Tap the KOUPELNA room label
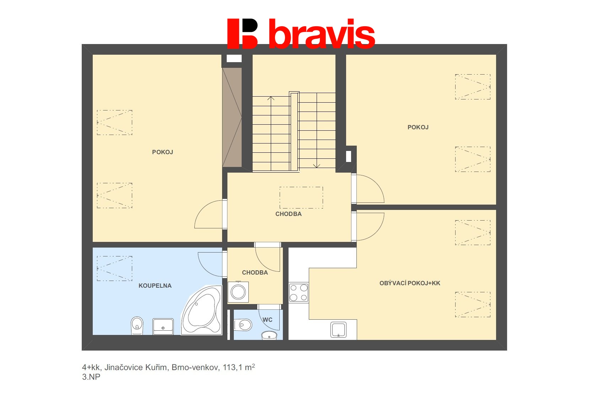(155, 286)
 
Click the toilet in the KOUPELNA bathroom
(137, 325)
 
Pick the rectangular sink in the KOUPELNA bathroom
(163, 326)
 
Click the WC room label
(267, 320)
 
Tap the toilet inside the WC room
(243, 325)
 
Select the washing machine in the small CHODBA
(238, 292)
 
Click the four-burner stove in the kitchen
(298, 293)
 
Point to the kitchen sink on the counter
(338, 330)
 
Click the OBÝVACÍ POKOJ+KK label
(410, 283)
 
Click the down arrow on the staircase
(316, 166)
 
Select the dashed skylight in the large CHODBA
(301, 197)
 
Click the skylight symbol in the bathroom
(114, 269)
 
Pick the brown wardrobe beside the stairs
(232, 117)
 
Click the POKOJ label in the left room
(162, 152)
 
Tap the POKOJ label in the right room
(418, 127)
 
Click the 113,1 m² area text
(239, 367)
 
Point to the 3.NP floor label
(91, 377)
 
